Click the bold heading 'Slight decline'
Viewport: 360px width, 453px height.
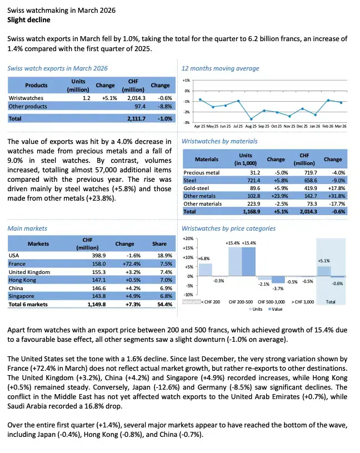point(28,20)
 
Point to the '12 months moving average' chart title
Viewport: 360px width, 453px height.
point(221,68)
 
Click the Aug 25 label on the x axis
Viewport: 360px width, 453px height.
point(251,126)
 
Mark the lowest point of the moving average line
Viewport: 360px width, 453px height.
point(251,119)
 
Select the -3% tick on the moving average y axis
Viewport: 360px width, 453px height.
point(187,122)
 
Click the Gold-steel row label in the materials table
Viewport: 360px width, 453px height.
point(196,188)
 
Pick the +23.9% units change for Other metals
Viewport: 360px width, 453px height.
point(276,196)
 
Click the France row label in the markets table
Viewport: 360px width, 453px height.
point(18,264)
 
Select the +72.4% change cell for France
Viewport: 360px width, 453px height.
point(124,264)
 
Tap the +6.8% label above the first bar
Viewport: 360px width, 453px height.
point(203,258)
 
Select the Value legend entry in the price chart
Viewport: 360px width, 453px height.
point(276,309)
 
